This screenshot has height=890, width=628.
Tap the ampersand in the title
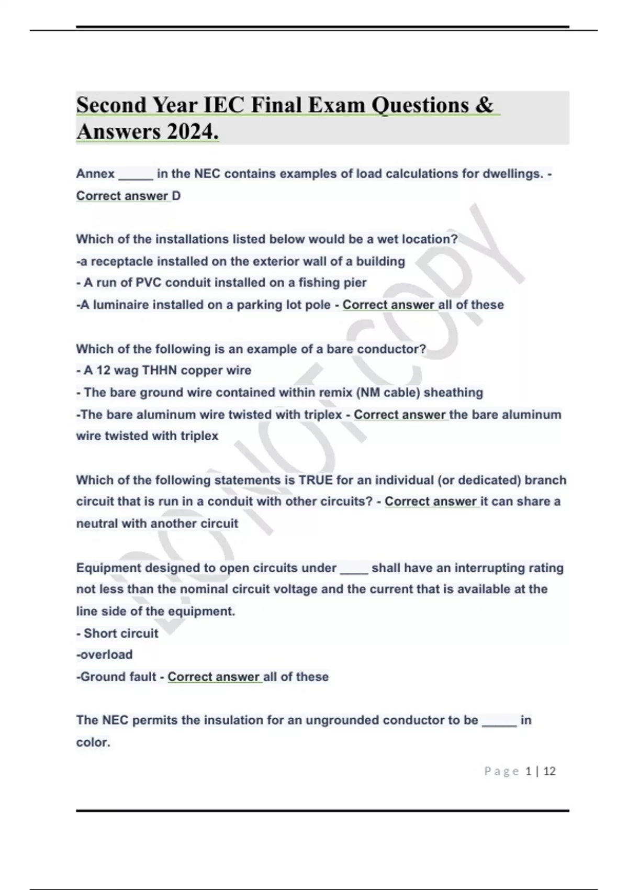pyautogui.click(x=484, y=105)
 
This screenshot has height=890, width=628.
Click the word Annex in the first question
pyautogui.click(x=95, y=174)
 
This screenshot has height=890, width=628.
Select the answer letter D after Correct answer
pyautogui.click(x=176, y=196)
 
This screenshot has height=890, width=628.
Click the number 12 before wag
pyautogui.click(x=103, y=370)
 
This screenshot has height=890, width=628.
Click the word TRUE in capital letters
pyautogui.click(x=316, y=480)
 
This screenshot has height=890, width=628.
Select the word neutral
pyautogui.click(x=97, y=524)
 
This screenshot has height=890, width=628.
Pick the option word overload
pyautogui.click(x=106, y=654)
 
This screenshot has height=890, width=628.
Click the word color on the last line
pyautogui.click(x=92, y=742)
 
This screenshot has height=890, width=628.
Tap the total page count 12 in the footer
pyautogui.click(x=549, y=771)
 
